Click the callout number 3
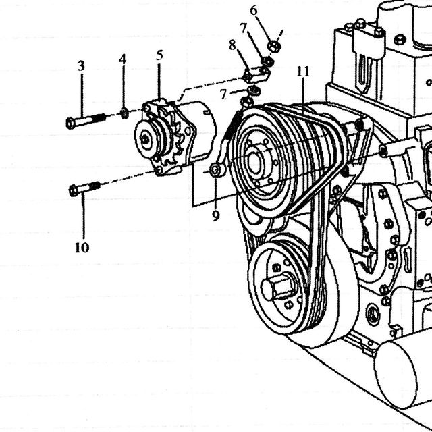(x=81, y=66)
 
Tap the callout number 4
(x=123, y=59)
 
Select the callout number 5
(x=159, y=55)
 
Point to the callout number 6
(x=254, y=11)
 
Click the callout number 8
(x=232, y=45)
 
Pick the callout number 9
(x=216, y=215)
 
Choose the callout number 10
(x=82, y=248)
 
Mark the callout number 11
(x=303, y=72)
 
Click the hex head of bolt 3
(x=71, y=123)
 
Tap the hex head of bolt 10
(x=74, y=190)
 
